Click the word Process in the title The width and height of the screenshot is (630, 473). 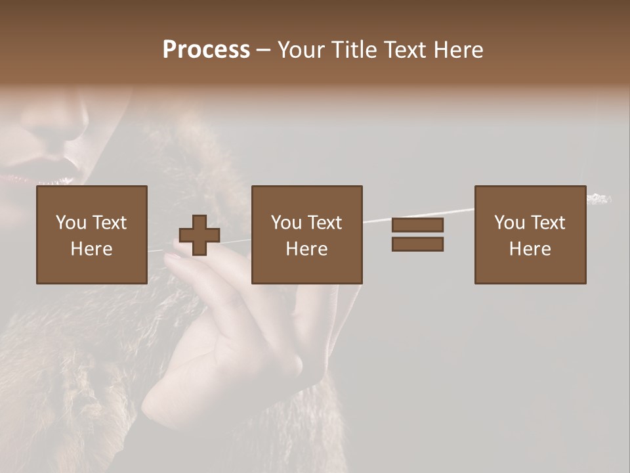click(x=206, y=50)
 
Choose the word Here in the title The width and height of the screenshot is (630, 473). click(x=459, y=50)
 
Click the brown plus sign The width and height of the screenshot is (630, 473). click(x=199, y=235)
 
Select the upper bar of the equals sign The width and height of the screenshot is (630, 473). click(x=417, y=225)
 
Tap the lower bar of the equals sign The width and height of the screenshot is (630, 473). click(x=417, y=244)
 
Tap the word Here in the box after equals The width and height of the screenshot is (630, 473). click(x=530, y=249)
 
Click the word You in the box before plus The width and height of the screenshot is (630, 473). click(x=70, y=223)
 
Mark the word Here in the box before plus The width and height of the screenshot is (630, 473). click(x=91, y=249)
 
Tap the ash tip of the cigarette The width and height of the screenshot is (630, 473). click(x=599, y=198)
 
